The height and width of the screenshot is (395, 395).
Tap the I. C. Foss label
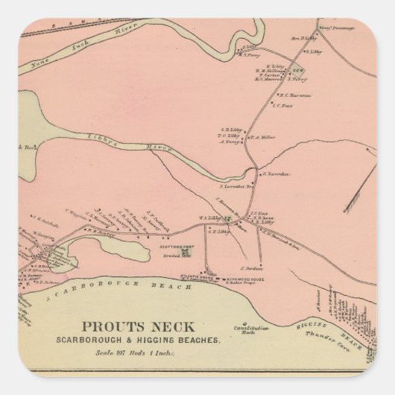point(282,106)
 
